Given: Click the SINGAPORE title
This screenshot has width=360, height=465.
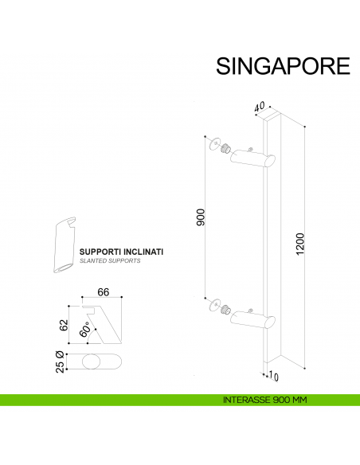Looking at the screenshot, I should click(283, 65).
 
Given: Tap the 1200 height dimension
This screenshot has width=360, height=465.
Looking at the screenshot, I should click(299, 243).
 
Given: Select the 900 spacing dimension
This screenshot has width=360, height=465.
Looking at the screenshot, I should click(201, 217).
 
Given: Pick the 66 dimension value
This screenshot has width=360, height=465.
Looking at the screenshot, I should click(103, 292).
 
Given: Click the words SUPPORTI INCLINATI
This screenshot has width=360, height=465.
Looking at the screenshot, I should click(121, 252).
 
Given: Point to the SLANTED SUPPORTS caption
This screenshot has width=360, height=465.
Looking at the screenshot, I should click(110, 261).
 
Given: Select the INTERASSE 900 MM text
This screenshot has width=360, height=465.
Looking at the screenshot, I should click(266, 400).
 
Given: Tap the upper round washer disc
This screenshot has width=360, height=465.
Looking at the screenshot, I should click(211, 144).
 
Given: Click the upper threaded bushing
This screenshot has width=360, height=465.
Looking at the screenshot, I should click(226, 149).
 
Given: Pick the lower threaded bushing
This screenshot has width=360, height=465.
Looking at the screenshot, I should click(226, 308).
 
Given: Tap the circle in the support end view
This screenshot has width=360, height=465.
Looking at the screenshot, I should click(91, 362).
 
